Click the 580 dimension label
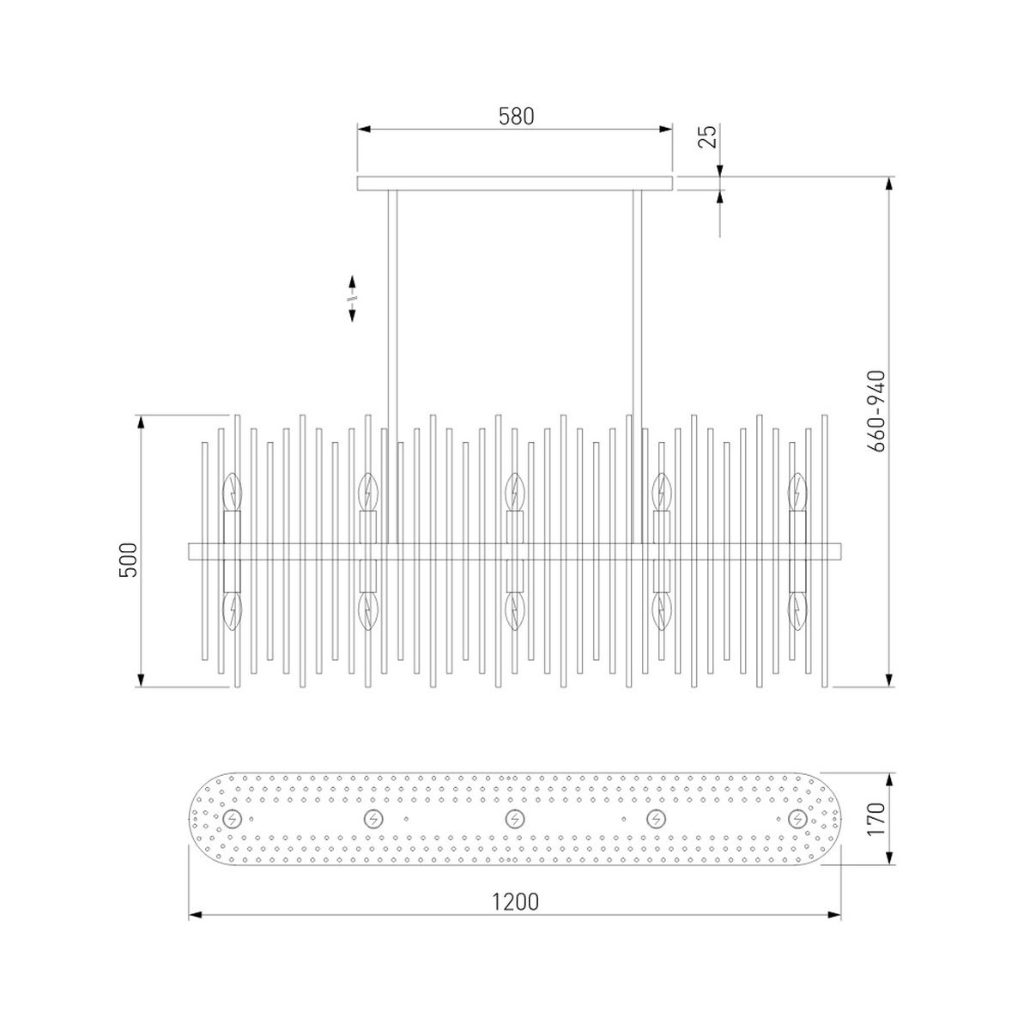click(x=516, y=116)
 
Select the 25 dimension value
click(x=706, y=136)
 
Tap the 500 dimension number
click(x=129, y=560)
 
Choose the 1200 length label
click(x=515, y=902)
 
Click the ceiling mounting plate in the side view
click(x=514, y=184)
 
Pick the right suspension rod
click(x=637, y=367)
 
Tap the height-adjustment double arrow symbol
click(x=352, y=298)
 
